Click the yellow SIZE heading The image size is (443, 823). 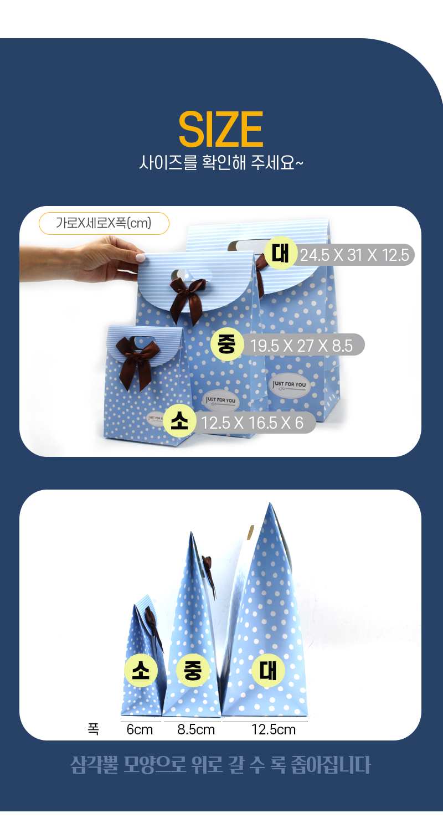click(x=221, y=129)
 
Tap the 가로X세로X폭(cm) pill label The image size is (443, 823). click(x=104, y=223)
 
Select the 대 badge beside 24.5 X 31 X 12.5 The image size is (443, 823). click(x=281, y=253)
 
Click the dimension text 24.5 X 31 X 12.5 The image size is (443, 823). click(x=354, y=255)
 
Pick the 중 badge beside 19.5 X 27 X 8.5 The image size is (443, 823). click(x=227, y=344)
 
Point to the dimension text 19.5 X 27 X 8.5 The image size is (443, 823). click(x=301, y=346)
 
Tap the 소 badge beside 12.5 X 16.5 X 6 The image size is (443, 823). click(x=179, y=421)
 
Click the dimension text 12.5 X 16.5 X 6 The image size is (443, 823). click(x=253, y=423)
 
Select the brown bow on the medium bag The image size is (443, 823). click(x=188, y=297)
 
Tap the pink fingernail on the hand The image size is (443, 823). click(x=140, y=258)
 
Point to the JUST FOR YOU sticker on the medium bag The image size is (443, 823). click(x=220, y=401)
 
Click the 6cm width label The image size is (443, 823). click(x=140, y=729)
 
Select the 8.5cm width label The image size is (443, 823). click(x=196, y=729)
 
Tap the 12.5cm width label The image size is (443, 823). click(x=274, y=729)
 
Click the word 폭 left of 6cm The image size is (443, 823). click(x=93, y=729)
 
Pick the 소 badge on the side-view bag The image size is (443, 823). click(x=141, y=671)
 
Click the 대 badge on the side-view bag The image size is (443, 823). click(x=268, y=671)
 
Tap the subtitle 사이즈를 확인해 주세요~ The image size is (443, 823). click(x=221, y=162)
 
